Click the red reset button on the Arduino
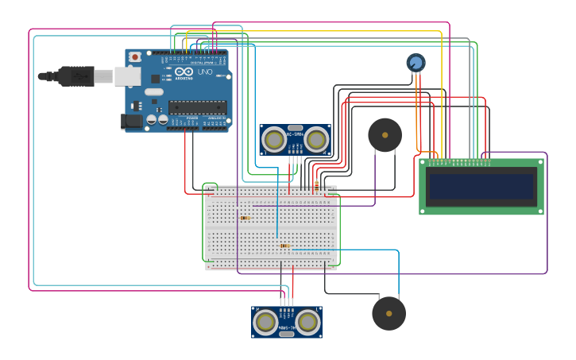click(x=135, y=56)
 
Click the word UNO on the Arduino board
click(x=204, y=72)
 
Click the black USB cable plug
click(x=75, y=75)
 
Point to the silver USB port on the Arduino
click(x=127, y=75)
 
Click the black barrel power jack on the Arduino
click(x=132, y=121)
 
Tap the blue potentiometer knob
click(x=416, y=62)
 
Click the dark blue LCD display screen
click(x=481, y=187)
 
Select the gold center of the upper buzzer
click(x=385, y=135)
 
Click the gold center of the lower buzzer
click(x=389, y=313)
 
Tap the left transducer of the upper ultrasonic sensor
click(x=274, y=140)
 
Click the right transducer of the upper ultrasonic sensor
click(x=316, y=140)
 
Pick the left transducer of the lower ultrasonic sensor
click(x=265, y=323)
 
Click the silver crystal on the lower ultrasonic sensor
click(x=287, y=334)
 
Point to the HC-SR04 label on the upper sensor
click(x=296, y=134)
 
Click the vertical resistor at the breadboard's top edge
click(x=316, y=187)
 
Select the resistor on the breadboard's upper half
click(x=245, y=218)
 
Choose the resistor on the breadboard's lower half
click(x=284, y=246)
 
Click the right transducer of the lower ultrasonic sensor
click(x=308, y=323)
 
